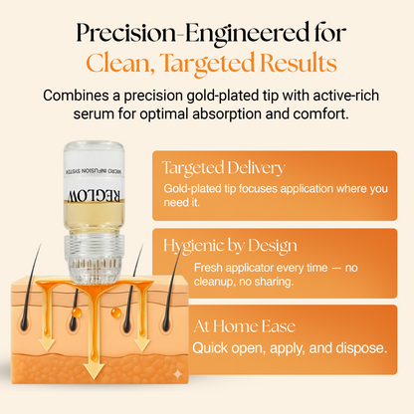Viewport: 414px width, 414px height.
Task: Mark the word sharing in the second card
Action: click(x=269, y=282)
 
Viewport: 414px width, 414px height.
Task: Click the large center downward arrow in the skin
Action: click(x=92, y=363)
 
